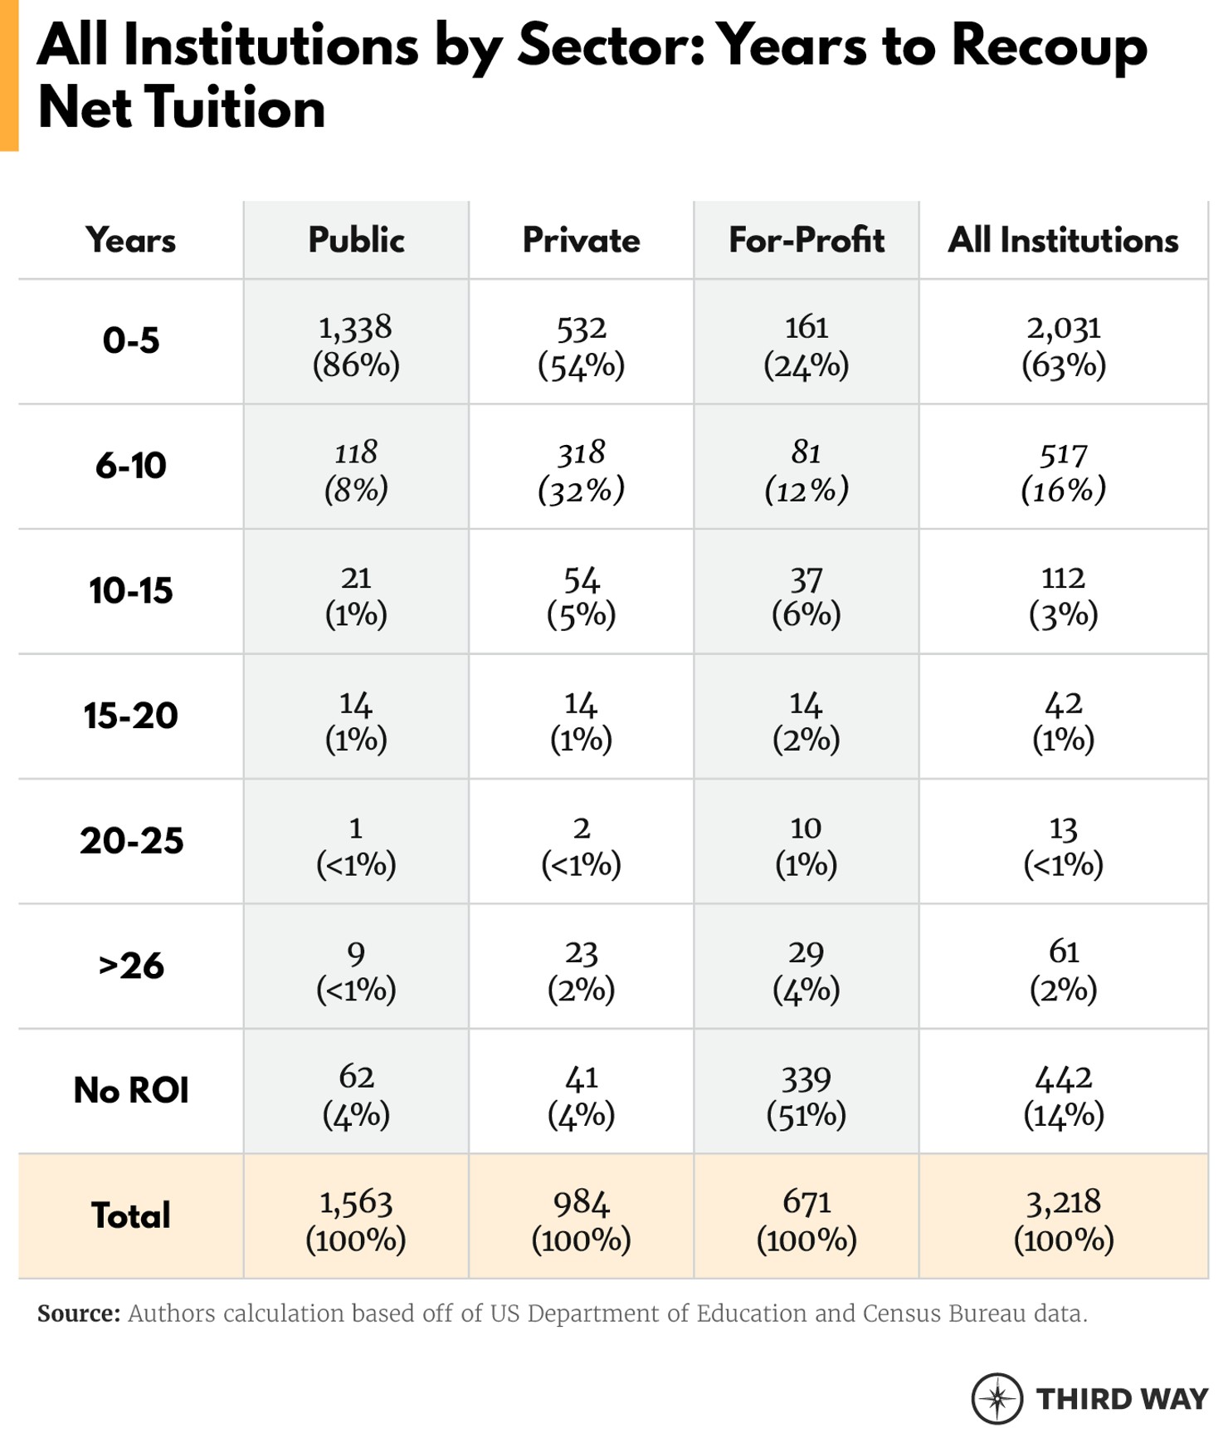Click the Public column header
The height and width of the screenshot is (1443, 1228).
tap(356, 240)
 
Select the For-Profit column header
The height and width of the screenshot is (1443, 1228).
tap(806, 240)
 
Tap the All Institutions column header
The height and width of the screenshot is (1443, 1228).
tap(1063, 240)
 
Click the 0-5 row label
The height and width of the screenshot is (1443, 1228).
tap(131, 340)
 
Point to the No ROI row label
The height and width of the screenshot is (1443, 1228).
tap(131, 1090)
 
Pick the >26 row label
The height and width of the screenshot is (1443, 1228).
tap(131, 966)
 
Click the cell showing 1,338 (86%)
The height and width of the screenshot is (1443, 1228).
tap(356, 345)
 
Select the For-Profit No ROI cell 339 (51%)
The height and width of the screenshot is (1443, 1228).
tap(806, 1095)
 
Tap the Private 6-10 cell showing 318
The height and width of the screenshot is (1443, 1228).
tap(581, 470)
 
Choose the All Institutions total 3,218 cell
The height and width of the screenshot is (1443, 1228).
tap(1063, 1220)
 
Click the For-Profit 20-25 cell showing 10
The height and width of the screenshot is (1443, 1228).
tap(806, 845)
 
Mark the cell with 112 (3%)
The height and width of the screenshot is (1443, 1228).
tap(1063, 595)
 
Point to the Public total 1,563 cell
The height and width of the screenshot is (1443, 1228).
tap(356, 1220)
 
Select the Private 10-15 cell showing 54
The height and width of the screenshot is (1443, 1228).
tap(581, 595)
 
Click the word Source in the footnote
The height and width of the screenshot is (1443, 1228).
tap(79, 1313)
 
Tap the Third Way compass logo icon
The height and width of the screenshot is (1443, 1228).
tap(997, 1398)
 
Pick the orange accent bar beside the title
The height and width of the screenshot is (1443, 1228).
tap(8, 75)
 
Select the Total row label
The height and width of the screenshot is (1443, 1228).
tap(131, 1216)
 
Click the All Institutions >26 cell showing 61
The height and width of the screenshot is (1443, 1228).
tap(1063, 970)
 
